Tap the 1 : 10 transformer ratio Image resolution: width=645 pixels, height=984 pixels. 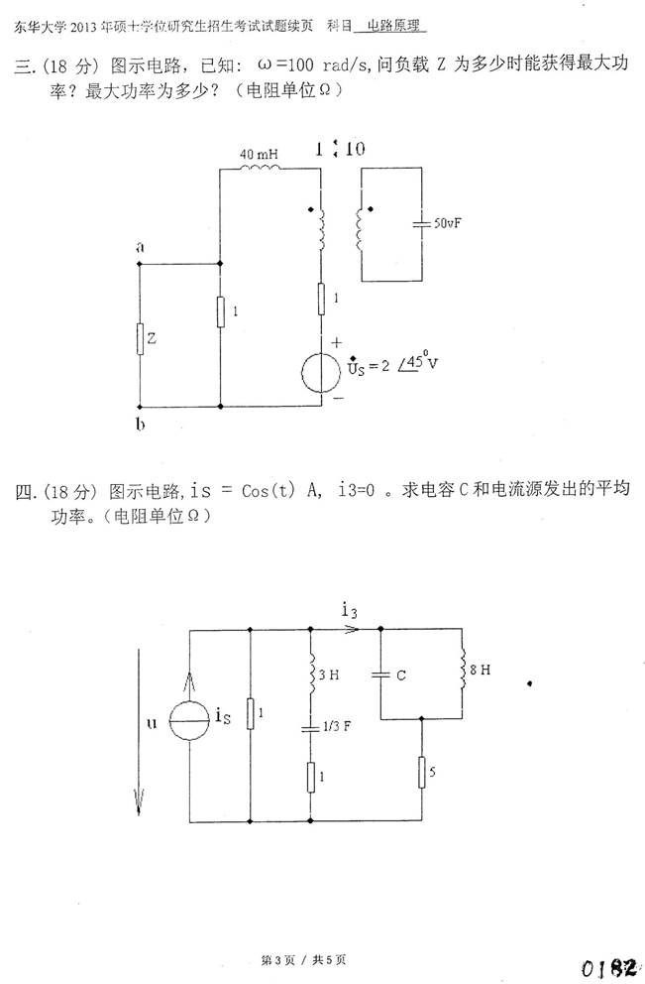[x=340, y=150]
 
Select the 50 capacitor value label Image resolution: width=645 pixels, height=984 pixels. [x=448, y=224]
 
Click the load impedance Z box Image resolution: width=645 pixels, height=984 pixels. [x=140, y=338]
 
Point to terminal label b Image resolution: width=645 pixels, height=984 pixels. [x=140, y=425]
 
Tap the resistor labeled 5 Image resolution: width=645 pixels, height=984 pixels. [x=423, y=773]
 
